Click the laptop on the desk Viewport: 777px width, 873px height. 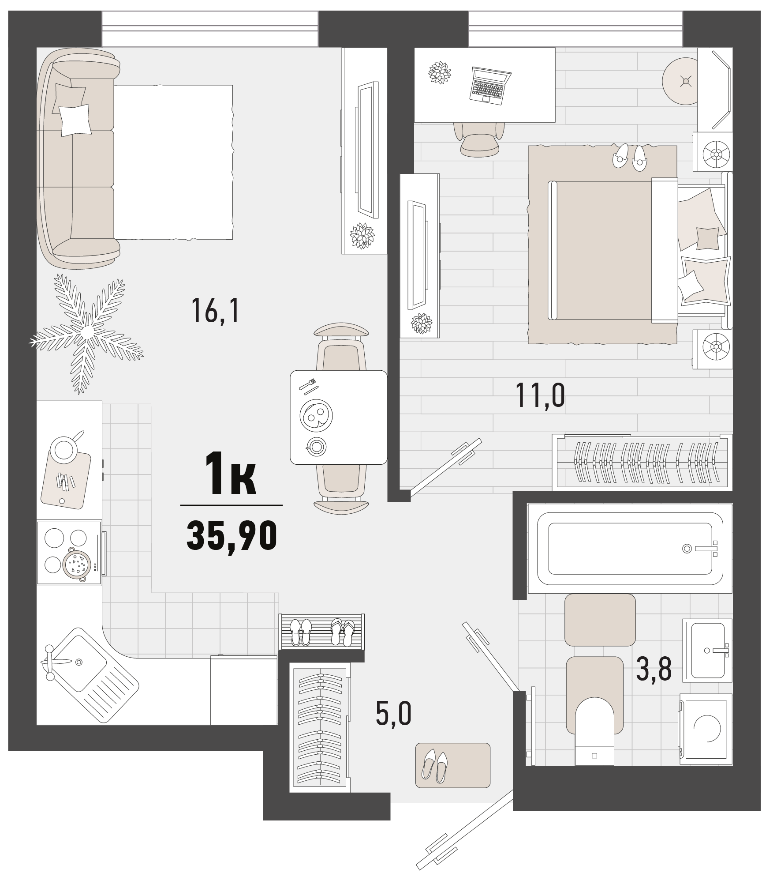pos(490,86)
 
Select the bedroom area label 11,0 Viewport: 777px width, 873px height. pos(540,395)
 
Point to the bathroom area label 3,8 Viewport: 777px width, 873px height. pos(654,669)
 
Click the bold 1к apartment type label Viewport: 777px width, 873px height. pos(231,474)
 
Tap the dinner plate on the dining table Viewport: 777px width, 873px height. pos(316,415)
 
